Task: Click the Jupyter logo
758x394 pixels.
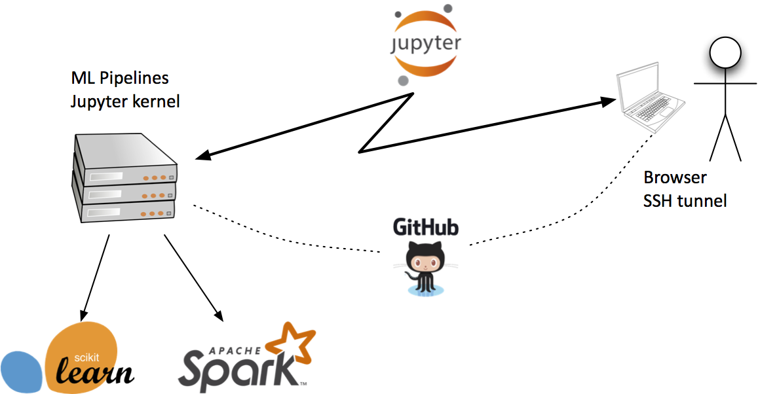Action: pyautogui.click(x=425, y=45)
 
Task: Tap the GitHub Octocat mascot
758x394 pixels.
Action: pyautogui.click(x=425, y=267)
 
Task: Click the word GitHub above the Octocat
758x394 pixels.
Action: pyautogui.click(x=425, y=227)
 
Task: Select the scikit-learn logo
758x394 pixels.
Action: pyautogui.click(x=67, y=358)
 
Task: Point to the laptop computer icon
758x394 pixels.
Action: pyautogui.click(x=651, y=97)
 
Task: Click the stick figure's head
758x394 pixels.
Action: pyautogui.click(x=725, y=52)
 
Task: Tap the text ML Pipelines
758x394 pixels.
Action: pyautogui.click(x=120, y=78)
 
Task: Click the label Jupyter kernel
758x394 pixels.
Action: pyautogui.click(x=125, y=101)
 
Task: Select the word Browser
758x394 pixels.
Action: pyautogui.click(x=675, y=177)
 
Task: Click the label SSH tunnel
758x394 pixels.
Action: pyautogui.click(x=685, y=200)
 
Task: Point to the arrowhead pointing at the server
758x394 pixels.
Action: pyautogui.click(x=203, y=155)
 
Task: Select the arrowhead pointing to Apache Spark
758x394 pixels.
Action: pyautogui.click(x=218, y=315)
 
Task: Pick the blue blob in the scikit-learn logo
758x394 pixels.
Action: pyautogui.click(x=22, y=372)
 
